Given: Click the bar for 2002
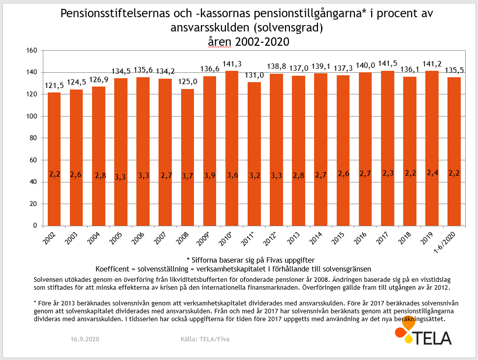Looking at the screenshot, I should pos(54,159).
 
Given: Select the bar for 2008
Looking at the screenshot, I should pos(188,157).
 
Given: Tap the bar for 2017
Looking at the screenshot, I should pos(387,148).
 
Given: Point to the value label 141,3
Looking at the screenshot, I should pos(231,64).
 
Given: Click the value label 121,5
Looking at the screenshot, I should pos(54,86).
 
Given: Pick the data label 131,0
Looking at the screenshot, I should pos(254,75).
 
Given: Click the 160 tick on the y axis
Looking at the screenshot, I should pos(32,51).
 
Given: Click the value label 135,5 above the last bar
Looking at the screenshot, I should pos(454,70).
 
